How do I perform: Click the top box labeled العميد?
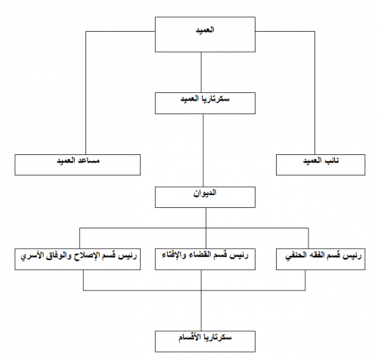click(205, 35)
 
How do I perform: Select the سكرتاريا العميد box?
click(205, 103)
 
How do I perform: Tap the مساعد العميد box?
click(78, 165)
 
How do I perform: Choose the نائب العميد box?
click(321, 165)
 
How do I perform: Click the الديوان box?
click(205, 197)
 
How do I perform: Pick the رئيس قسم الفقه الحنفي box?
click(321, 259)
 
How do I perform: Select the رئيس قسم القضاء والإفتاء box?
click(205, 259)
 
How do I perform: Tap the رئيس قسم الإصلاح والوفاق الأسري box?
click(78, 259)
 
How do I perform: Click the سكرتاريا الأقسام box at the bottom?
click(205, 341)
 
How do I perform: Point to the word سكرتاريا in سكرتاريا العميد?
click(216, 98)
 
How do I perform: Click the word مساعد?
click(88, 160)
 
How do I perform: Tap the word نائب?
click(331, 160)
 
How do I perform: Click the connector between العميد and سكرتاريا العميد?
click(201, 73)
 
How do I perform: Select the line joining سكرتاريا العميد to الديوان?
click(203, 151)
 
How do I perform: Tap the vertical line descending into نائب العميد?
click(314, 93)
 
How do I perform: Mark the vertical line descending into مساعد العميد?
click(86, 93)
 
